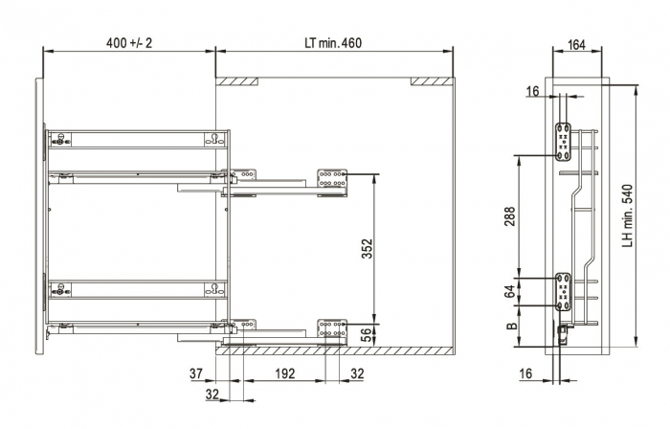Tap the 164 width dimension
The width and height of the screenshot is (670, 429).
pos(576,43)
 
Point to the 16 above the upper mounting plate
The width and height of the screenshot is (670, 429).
pos(531,92)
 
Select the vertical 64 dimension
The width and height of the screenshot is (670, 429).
pos(510,288)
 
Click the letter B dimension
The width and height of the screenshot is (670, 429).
pos(510,328)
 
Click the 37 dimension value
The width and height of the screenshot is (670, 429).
pos(196,373)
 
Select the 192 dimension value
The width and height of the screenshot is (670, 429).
pos(284,373)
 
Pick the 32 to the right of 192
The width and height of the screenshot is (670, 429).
pos(356,373)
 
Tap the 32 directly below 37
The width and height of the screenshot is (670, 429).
pos(212,393)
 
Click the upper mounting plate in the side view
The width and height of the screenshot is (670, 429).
pos(565,141)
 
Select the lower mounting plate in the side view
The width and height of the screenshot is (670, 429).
pos(565,291)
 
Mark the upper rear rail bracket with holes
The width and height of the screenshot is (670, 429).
pos(332,179)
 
